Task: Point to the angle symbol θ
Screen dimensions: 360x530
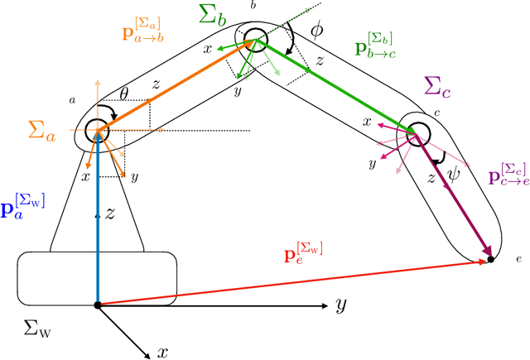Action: click(x=124, y=94)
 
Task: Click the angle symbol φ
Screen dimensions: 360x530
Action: click(x=316, y=31)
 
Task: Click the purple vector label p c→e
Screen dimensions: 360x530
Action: click(x=507, y=174)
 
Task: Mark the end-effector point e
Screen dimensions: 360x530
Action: click(x=491, y=259)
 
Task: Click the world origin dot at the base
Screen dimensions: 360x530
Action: click(x=98, y=305)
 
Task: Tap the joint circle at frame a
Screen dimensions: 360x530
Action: click(x=98, y=130)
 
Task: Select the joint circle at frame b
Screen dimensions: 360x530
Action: click(x=253, y=39)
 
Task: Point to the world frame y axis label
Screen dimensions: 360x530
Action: click(x=340, y=306)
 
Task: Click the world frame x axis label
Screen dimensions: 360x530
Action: click(x=164, y=352)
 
